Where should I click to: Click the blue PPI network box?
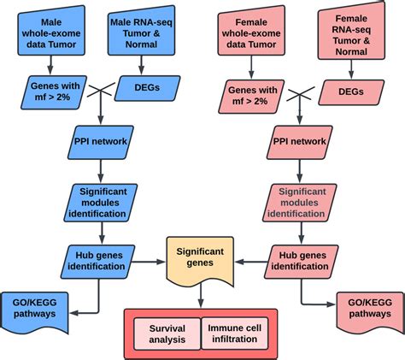point(103,142)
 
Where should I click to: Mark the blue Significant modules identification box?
point(103,199)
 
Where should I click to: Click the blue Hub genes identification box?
point(103,257)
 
